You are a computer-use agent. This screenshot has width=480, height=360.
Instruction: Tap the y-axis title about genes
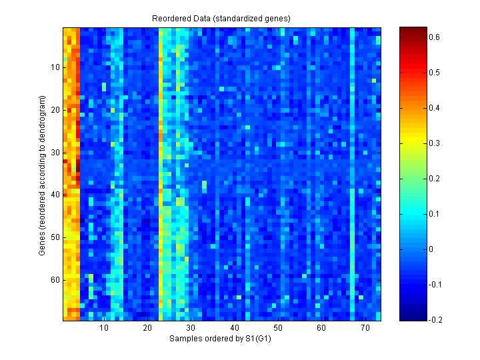[x=43, y=173]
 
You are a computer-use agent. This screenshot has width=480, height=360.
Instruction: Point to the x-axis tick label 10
[x=104, y=329]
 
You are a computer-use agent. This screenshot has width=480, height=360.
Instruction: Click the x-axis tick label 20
[x=147, y=329]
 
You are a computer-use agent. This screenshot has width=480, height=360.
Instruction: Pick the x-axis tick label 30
[x=191, y=329]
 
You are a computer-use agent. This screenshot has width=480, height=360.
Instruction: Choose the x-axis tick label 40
[x=235, y=329]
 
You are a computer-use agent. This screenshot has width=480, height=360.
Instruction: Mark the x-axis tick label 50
[x=278, y=329]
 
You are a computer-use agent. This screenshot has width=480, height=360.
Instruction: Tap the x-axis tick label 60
[x=321, y=329]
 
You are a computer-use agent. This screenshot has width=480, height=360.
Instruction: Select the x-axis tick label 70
[x=365, y=329]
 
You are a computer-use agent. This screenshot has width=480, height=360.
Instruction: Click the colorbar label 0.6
[x=434, y=37]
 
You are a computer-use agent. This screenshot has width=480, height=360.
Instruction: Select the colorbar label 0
[x=430, y=249]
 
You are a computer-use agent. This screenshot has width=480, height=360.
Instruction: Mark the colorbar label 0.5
[x=434, y=73]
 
